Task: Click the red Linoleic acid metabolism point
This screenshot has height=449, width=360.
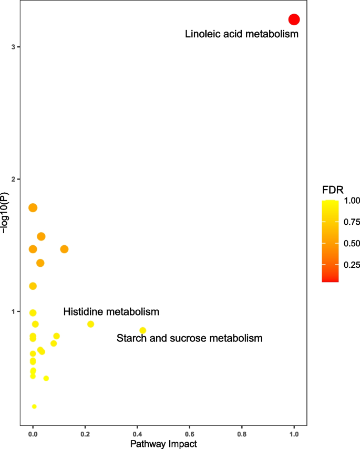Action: pyautogui.click(x=294, y=19)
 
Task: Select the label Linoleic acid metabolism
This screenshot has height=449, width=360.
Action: pyautogui.click(x=242, y=35)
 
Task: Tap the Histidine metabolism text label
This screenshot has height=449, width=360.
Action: pyautogui.click(x=111, y=312)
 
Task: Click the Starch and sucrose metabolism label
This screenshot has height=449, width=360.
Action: pyautogui.click(x=189, y=338)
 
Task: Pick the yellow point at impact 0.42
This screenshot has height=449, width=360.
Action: pyautogui.click(x=142, y=330)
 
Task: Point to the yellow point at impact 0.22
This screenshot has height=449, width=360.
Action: pyautogui.click(x=90, y=324)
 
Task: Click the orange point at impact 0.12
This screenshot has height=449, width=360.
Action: pyautogui.click(x=64, y=249)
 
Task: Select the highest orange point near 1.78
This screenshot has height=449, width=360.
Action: pyautogui.click(x=33, y=208)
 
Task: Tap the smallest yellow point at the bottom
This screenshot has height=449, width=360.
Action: pyautogui.click(x=34, y=406)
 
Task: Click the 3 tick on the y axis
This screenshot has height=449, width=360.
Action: pyautogui.click(x=13, y=47)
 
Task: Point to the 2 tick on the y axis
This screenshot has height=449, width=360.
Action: pyautogui.click(x=13, y=180)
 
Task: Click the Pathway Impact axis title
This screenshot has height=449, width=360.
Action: pyautogui.click(x=163, y=444)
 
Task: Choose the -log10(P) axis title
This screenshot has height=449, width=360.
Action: pyautogui.click(x=5, y=213)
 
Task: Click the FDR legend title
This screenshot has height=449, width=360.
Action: pyautogui.click(x=333, y=190)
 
